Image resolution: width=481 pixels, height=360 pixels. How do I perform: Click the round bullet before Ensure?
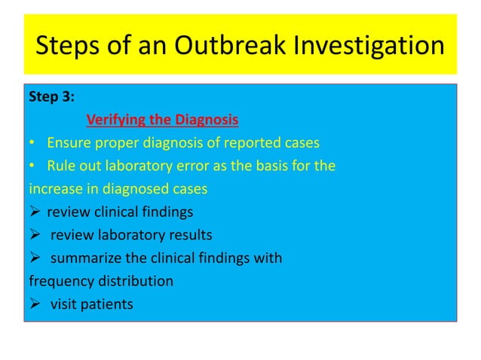click(x=32, y=143)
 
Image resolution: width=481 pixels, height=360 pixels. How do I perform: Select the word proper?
click(x=110, y=143)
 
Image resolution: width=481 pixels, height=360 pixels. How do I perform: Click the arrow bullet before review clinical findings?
click(x=34, y=212)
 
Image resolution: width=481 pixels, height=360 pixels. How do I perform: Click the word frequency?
click(x=59, y=281)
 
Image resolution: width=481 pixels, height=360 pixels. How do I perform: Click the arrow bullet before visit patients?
click(x=34, y=304)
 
